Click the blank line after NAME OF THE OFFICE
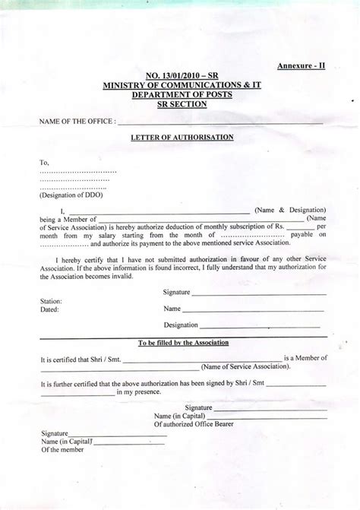point(220,122)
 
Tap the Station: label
point(51,302)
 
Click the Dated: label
point(49,310)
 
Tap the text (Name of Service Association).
point(245,366)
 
